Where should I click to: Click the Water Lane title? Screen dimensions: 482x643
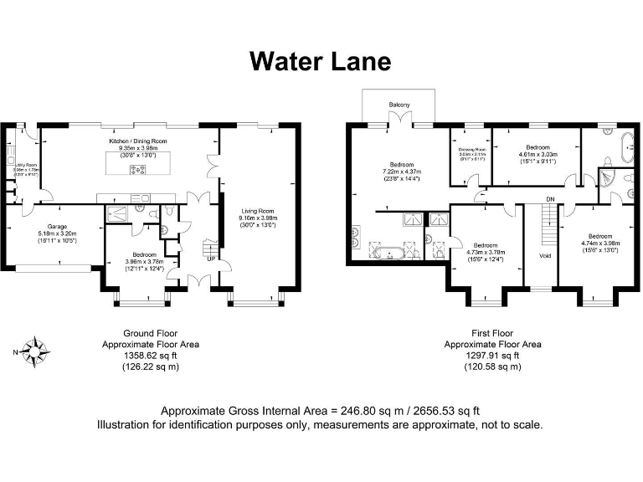point(321,61)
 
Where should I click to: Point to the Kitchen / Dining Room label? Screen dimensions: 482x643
point(137,142)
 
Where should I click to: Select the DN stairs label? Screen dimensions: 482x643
point(550,198)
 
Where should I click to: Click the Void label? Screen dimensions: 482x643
point(543,255)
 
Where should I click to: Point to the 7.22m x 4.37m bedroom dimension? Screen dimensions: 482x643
point(402,172)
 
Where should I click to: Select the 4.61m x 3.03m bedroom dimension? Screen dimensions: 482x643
point(536,154)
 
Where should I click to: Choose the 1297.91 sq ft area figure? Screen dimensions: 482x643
point(492,355)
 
